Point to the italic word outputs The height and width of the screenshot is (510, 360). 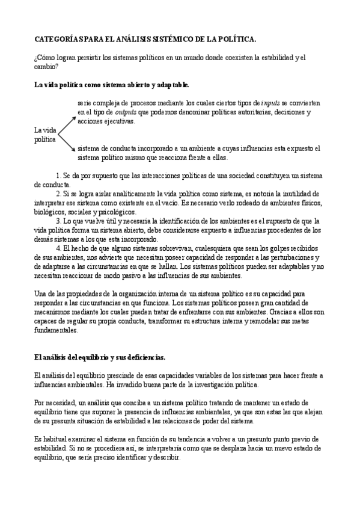point(126,112)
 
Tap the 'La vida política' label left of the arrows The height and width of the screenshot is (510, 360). point(45,134)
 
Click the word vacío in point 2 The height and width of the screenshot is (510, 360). point(163,203)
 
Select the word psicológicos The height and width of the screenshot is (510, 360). point(120,212)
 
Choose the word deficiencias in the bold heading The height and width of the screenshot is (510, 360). point(135,357)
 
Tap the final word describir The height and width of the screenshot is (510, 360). point(163,458)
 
